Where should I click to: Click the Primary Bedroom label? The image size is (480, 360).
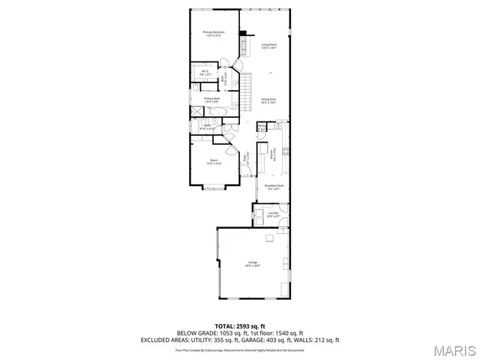214,33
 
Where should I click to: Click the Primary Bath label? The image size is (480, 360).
211,99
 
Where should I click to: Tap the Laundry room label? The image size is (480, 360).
273,214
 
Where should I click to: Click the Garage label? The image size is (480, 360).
253,263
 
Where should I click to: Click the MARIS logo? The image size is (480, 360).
454,349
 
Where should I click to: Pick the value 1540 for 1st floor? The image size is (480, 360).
282,333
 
